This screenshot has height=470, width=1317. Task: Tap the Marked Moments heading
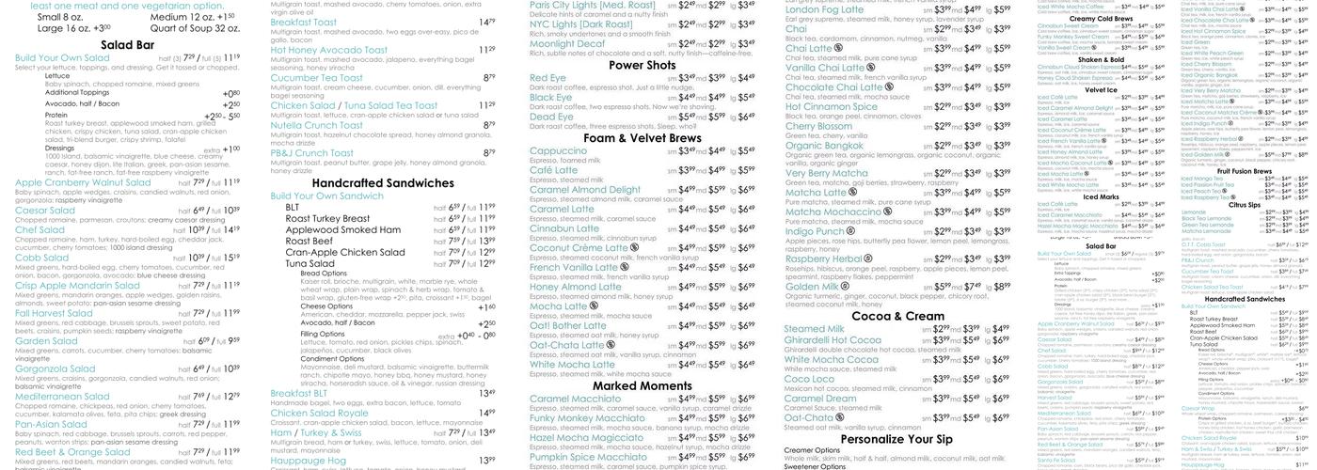[642, 385]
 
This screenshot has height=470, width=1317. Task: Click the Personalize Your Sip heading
[897, 439]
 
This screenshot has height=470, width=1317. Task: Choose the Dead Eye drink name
[551, 117]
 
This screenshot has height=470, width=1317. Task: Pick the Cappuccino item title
[558, 150]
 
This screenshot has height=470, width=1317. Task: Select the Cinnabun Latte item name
[564, 227]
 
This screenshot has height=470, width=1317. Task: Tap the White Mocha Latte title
[572, 365]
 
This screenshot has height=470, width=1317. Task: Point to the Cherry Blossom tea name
[818, 126]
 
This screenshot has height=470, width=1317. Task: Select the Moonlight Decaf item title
[567, 43]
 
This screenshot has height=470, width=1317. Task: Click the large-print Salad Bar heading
[128, 44]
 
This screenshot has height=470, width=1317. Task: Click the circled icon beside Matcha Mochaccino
[887, 211]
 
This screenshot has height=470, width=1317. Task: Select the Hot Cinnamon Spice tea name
[831, 106]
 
